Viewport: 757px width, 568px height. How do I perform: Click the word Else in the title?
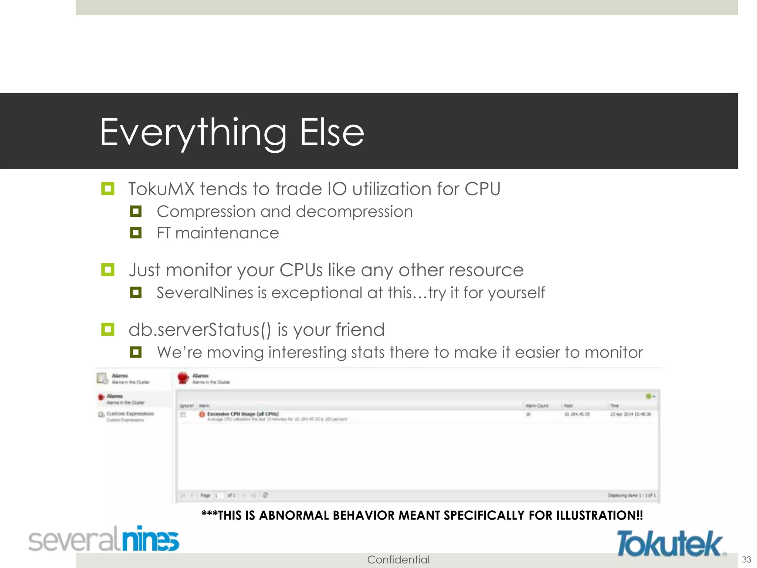pyautogui.click(x=332, y=133)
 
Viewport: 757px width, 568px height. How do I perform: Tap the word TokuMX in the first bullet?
pyautogui.click(x=161, y=189)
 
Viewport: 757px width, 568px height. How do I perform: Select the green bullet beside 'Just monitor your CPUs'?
pyautogui.click(x=108, y=270)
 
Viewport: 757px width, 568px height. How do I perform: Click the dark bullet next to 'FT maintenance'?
pyautogui.click(x=136, y=233)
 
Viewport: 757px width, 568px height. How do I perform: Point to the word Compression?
pyautogui.click(x=206, y=212)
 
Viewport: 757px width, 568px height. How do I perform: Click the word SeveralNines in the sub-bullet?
pyautogui.click(x=205, y=293)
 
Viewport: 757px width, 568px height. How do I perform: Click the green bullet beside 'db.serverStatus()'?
pyautogui.click(x=108, y=329)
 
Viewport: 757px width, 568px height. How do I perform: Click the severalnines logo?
pyautogui.click(x=103, y=539)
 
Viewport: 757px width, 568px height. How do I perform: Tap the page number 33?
pyautogui.click(x=746, y=559)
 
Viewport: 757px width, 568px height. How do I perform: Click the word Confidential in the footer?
pyautogui.click(x=398, y=559)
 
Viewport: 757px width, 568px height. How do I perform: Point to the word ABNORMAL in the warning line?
pyautogui.click(x=294, y=515)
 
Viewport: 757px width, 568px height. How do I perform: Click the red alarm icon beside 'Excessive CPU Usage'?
pyautogui.click(x=202, y=414)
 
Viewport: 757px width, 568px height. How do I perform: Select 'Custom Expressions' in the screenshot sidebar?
pyautogui.click(x=130, y=413)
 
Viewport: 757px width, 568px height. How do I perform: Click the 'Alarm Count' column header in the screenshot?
pyautogui.click(x=537, y=406)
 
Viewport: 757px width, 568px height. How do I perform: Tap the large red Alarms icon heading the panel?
pyautogui.click(x=183, y=378)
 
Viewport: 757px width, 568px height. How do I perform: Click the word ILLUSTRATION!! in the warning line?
pyautogui.click(x=599, y=515)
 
